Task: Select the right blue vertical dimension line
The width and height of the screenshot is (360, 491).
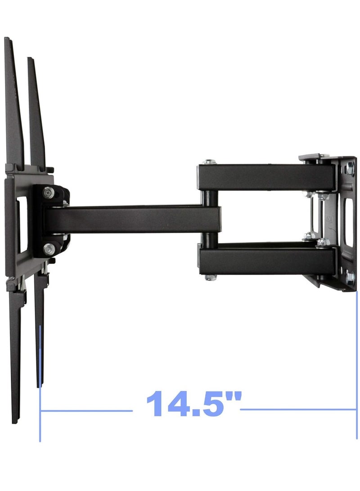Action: [356, 365]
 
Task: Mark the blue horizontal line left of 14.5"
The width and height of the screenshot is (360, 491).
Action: [86, 410]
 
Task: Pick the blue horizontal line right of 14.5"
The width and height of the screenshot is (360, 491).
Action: [298, 409]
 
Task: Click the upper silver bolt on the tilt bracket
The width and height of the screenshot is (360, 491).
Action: [48, 193]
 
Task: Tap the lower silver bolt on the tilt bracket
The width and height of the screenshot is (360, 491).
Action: [49, 249]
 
